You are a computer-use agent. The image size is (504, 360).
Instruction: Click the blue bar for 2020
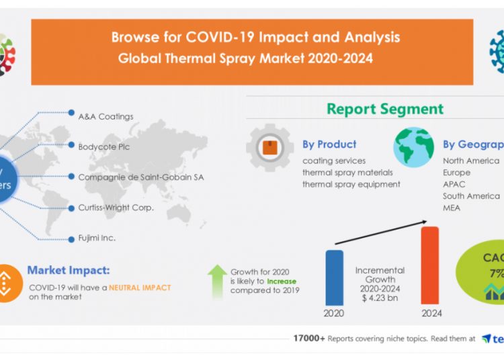coord(334,277)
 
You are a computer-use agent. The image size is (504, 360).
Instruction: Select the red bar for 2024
coord(429,265)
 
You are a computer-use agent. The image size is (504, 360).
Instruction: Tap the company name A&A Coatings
coord(106,116)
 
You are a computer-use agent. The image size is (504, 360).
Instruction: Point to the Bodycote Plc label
coord(104,146)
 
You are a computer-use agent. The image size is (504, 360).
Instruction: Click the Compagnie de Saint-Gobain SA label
coord(140,177)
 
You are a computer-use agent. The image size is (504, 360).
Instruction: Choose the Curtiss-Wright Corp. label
coord(116,208)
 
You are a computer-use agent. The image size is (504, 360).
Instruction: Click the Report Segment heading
coord(385,109)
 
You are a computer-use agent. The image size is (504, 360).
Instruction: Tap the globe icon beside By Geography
coord(414,147)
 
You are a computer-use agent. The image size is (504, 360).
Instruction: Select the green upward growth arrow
coord(217,280)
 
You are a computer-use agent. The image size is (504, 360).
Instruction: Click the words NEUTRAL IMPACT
coord(140,287)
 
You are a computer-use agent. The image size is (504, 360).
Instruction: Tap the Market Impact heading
coord(68,271)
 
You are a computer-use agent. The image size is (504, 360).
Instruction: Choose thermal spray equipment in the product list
coord(351,184)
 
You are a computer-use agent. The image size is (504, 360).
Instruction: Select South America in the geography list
coord(471,196)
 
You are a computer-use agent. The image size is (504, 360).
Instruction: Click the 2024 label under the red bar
coord(431,313)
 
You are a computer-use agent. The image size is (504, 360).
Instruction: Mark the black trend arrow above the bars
coord(380,232)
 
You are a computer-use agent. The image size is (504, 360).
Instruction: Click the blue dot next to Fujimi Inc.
coord(71,238)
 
